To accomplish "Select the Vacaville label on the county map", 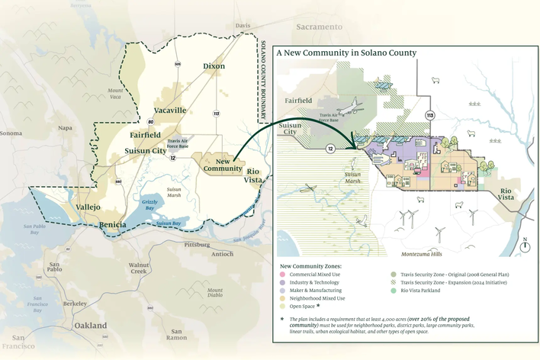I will click(x=169, y=111).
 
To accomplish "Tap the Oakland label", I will click(x=90, y=325).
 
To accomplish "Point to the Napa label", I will click(x=66, y=128).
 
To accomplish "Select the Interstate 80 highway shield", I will click(x=151, y=121).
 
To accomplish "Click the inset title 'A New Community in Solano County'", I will click(x=346, y=53).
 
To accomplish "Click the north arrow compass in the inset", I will click(x=525, y=244).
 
